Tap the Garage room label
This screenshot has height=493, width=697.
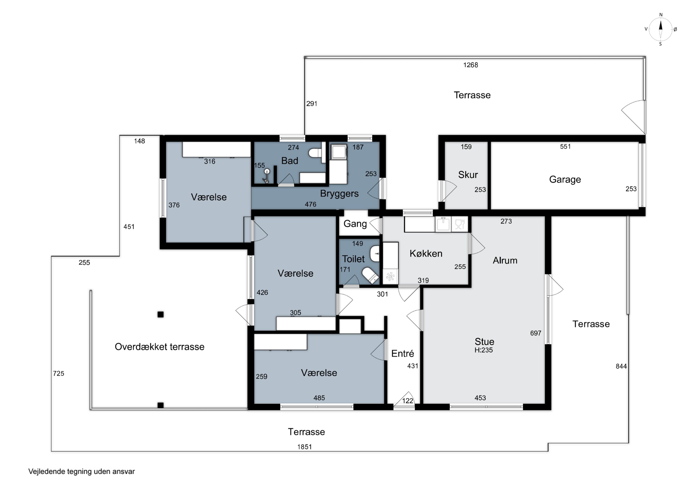(565, 179)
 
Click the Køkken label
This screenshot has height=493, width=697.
(426, 253)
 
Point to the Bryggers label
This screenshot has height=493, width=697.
(339, 193)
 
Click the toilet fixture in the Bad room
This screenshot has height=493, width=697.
(316, 152)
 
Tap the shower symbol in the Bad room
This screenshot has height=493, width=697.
(266, 176)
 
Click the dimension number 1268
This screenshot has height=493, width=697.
(470, 65)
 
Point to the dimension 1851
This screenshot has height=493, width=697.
(305, 447)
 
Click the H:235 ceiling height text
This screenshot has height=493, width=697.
(483, 350)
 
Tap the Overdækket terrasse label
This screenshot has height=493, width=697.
(159, 347)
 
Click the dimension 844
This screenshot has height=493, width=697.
(621, 366)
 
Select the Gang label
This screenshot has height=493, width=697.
(355, 224)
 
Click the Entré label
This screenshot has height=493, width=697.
(403, 353)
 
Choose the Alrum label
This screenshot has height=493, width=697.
(505, 260)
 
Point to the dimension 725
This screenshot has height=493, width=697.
(59, 374)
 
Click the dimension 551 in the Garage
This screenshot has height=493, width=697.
(565, 147)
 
